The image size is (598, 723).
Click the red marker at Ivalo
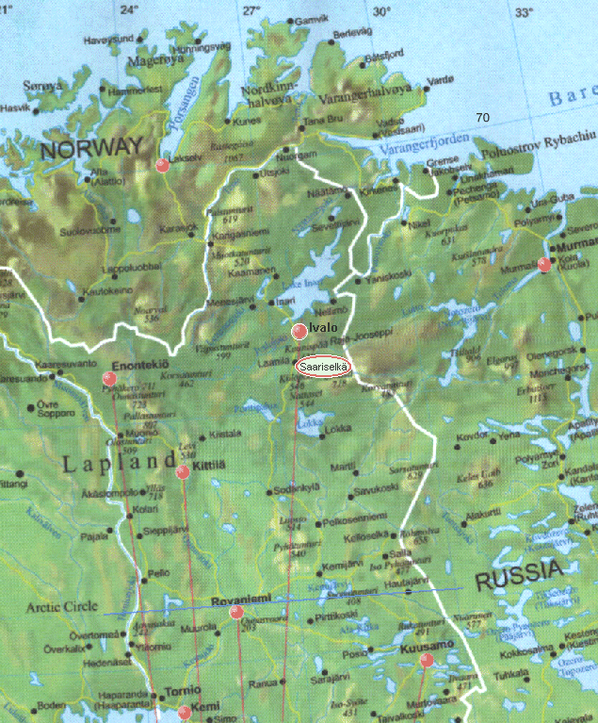click(x=299, y=331)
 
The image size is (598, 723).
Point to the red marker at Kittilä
click(x=183, y=472)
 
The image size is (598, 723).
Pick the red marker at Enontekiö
click(x=109, y=379)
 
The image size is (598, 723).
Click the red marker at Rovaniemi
click(x=236, y=612)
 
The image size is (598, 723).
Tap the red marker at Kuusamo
click(x=426, y=660)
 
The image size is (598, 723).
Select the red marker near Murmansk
click(x=543, y=265)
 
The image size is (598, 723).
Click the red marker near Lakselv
click(x=162, y=165)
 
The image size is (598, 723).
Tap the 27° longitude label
click(x=251, y=10)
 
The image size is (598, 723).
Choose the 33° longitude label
click(x=525, y=11)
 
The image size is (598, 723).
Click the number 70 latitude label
click(x=482, y=117)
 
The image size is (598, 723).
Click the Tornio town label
click(x=182, y=690)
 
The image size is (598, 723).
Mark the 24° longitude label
click(x=129, y=10)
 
